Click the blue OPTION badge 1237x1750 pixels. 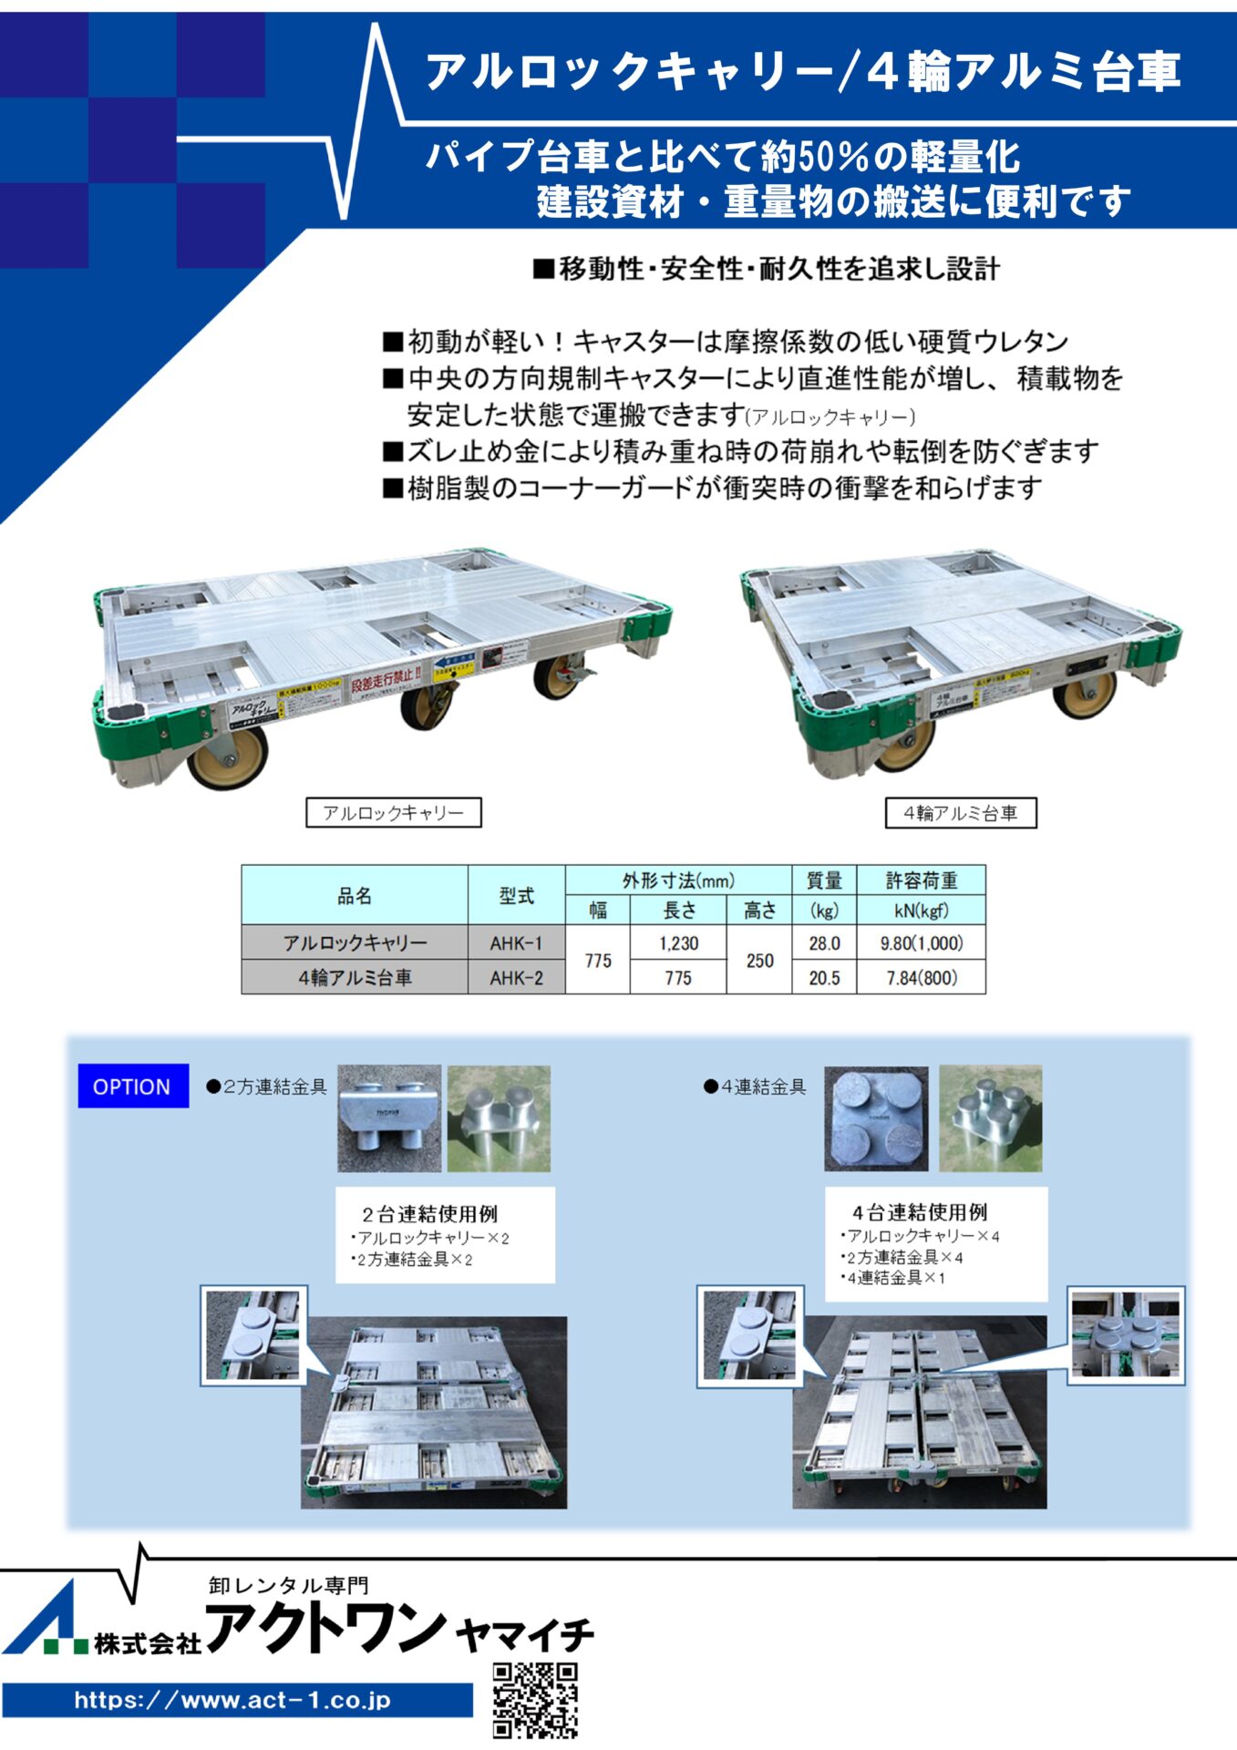(133, 1086)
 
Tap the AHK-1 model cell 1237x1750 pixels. (516, 942)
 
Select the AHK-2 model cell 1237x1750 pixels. (516, 978)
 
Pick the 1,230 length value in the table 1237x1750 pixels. (678, 942)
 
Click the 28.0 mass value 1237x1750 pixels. (824, 942)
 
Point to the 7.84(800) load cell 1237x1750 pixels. (922, 978)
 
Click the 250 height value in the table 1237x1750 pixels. (759, 960)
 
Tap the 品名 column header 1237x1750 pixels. (355, 895)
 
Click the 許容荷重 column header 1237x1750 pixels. (922, 880)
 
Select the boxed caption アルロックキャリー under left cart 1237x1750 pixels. (394, 812)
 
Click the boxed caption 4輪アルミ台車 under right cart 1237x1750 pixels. (961, 813)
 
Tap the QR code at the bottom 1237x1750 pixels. (535, 1699)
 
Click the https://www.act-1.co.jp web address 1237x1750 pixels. (233, 1700)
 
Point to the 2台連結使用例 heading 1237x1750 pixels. (429, 1214)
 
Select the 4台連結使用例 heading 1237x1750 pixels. (919, 1212)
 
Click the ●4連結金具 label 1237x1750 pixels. (756, 1086)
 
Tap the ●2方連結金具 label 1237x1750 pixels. (266, 1086)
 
